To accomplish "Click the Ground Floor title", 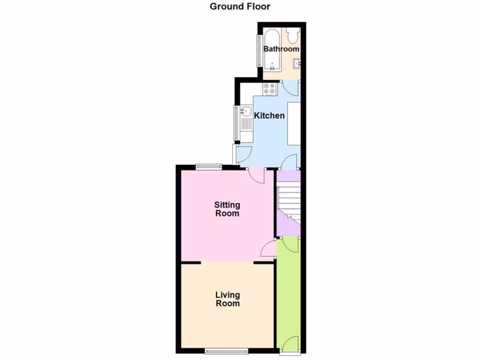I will (x=240, y=7).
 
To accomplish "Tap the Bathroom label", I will (x=281, y=49).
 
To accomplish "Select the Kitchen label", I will (x=269, y=115).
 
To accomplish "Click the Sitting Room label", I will (x=227, y=209).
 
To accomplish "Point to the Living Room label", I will (x=227, y=299).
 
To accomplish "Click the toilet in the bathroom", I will (x=293, y=35).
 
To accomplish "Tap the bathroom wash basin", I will (x=297, y=63).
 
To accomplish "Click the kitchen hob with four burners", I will (x=270, y=89).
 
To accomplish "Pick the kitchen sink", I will (x=245, y=112).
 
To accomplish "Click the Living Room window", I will (x=227, y=350).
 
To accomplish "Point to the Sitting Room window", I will (x=209, y=165).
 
